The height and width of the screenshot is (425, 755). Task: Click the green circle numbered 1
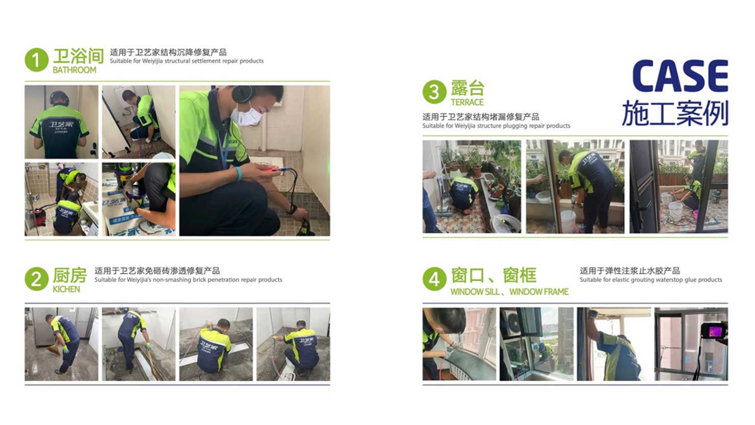36,60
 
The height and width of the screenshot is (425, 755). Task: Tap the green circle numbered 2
36,279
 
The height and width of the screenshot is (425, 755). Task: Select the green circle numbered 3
434,92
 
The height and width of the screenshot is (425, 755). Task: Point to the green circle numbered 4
434,279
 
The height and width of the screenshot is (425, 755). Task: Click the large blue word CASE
679,77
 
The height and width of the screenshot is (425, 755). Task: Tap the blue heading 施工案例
674,113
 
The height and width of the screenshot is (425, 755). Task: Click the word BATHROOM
74,70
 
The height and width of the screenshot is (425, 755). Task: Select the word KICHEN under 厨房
66,289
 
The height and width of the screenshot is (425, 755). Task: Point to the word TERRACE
467,102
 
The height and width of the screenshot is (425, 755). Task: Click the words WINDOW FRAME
539,292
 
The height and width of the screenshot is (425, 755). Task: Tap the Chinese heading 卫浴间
78,55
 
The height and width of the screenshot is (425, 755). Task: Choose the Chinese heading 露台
467,88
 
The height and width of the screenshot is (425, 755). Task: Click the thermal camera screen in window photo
713,331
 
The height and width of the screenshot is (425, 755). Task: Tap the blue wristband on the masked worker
239,173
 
